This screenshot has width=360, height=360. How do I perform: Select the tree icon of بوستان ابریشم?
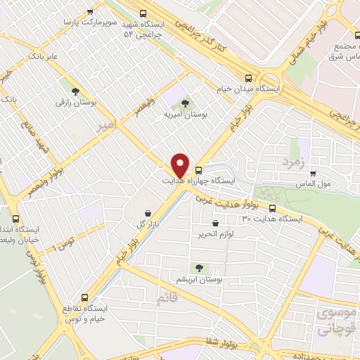[199, 268]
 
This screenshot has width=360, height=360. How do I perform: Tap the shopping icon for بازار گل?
[147, 212]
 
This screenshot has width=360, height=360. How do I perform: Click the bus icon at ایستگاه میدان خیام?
[247, 78]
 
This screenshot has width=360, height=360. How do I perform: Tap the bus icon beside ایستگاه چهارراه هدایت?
[199, 169]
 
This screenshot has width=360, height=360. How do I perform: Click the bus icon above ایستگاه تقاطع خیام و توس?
[85, 297]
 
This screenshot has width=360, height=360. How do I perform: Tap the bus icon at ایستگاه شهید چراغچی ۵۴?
[143, 13]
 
